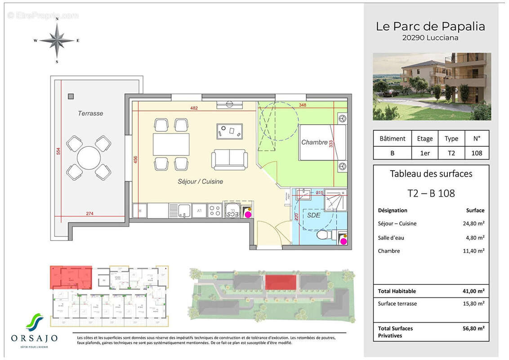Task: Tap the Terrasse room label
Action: [90, 113]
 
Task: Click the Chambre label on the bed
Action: [314, 142]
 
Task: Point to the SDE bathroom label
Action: [314, 216]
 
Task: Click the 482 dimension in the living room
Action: [194, 108]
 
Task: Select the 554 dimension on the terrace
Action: [58, 152]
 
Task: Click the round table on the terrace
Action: [89, 158]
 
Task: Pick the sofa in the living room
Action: [229, 159]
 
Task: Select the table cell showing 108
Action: [477, 153]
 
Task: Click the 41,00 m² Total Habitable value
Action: [474, 291]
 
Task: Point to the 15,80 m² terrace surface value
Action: [474, 304]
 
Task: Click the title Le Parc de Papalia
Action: [430, 27]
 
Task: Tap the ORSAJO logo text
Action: [35, 338]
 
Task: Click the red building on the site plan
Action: [281, 283]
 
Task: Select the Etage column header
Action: [424, 139]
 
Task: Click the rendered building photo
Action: [432, 86]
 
